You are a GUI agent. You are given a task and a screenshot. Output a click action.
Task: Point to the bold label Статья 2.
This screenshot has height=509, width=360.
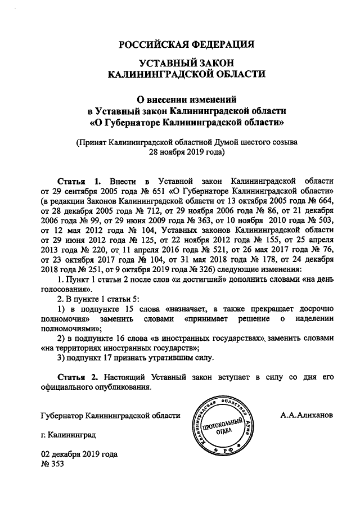79,375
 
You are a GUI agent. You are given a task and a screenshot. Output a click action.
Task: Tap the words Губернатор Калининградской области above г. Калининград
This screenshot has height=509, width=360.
111,416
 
